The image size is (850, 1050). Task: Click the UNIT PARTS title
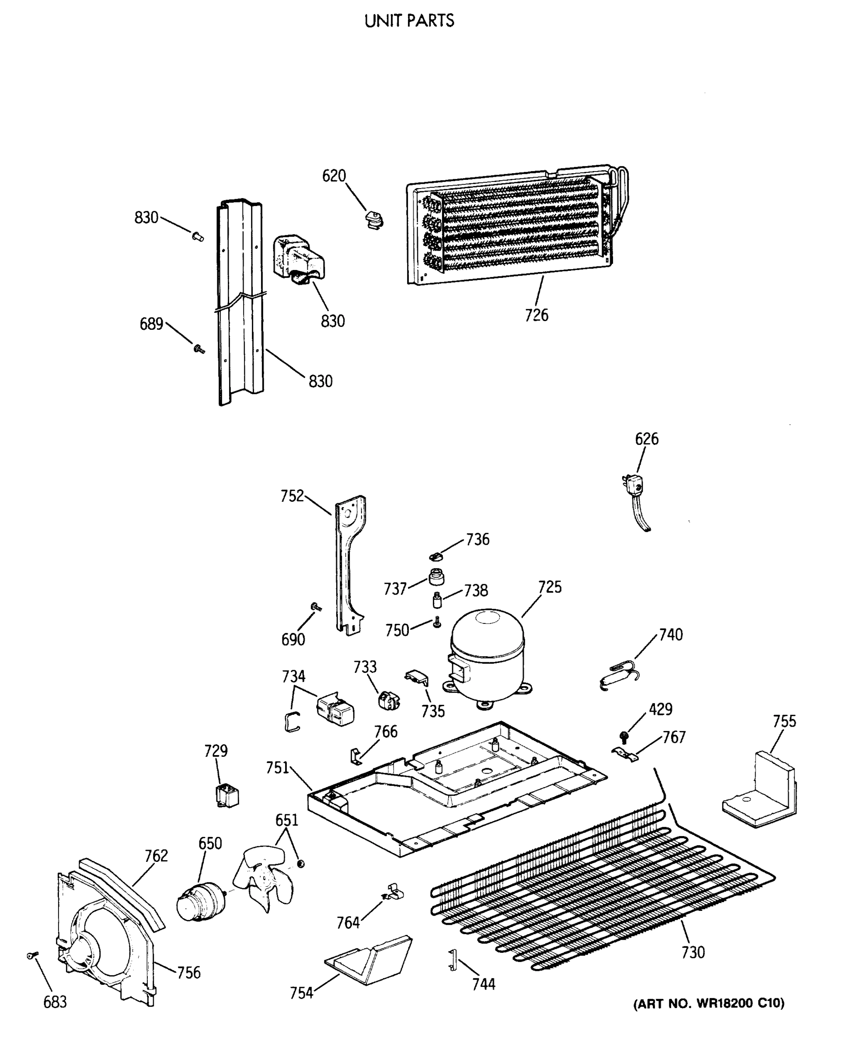[x=409, y=21]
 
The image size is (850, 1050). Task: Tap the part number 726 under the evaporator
[x=536, y=315]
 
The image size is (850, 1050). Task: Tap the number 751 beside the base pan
[x=277, y=767]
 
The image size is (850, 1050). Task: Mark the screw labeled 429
[x=624, y=736]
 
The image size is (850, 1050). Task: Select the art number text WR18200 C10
[x=708, y=1004]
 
